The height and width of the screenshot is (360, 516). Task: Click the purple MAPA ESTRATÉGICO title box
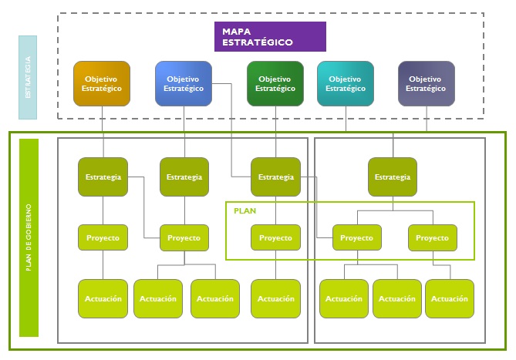click(270, 36)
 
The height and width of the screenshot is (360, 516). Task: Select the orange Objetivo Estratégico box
click(102, 83)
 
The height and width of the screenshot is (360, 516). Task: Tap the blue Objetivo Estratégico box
click(184, 83)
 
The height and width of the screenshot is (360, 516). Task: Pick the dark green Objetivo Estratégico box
click(275, 83)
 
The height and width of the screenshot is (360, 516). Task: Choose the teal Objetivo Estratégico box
click(345, 83)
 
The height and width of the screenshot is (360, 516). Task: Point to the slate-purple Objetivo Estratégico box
click(427, 83)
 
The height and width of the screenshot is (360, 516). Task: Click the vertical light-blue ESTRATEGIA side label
click(28, 77)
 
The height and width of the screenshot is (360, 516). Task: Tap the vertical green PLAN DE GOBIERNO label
click(29, 237)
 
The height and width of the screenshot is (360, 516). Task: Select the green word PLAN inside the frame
click(245, 210)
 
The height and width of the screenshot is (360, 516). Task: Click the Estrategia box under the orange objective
click(103, 177)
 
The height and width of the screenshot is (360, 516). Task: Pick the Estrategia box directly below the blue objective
click(184, 177)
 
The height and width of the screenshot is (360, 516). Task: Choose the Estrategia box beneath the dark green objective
click(275, 177)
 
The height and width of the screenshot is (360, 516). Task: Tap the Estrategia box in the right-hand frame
click(393, 177)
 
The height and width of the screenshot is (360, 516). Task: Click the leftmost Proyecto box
click(103, 237)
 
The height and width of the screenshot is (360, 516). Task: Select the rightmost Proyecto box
click(432, 237)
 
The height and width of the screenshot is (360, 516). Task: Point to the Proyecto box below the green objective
click(275, 237)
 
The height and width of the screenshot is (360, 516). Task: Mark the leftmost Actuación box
click(103, 298)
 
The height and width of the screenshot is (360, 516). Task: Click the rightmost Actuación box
click(450, 298)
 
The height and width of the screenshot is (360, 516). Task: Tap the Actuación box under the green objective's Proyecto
click(275, 298)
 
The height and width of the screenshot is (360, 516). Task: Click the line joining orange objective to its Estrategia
click(103, 131)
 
